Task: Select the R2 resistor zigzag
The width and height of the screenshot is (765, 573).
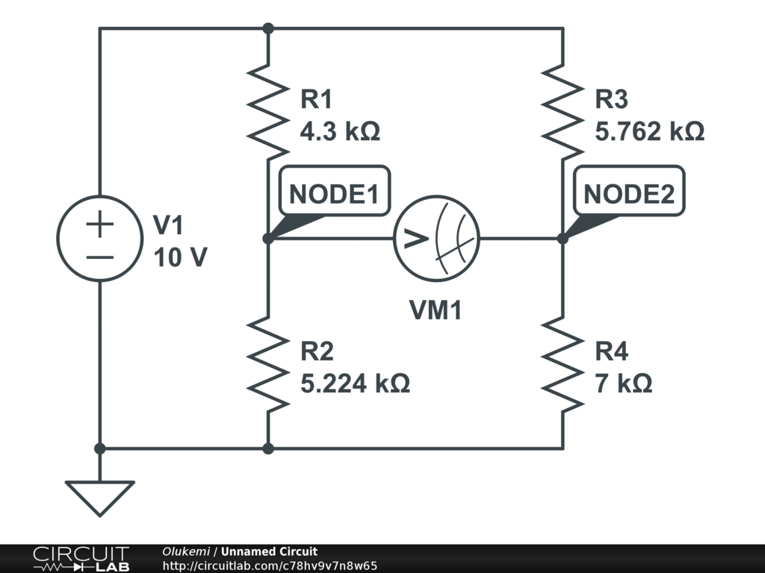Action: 268,364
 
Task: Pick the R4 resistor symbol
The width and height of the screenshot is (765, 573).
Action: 563,364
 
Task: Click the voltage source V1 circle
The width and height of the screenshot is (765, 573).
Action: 99,239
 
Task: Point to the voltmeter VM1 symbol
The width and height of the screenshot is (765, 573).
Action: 437,239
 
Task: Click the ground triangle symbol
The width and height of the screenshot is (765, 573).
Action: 99,497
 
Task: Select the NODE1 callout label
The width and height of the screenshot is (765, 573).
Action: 334,194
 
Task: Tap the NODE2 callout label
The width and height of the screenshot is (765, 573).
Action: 628,194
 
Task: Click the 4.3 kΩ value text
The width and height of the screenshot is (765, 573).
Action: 340,132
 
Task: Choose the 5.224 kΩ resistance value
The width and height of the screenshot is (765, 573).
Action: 355,383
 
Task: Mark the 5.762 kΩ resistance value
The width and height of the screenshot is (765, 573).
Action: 649,132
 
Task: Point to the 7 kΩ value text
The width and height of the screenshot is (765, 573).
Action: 623,383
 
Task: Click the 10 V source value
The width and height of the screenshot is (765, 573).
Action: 180,257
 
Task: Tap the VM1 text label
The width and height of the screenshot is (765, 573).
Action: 436,310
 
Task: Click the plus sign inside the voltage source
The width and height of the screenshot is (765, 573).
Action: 99,224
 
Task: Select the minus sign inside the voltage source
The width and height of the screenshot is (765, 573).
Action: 99,257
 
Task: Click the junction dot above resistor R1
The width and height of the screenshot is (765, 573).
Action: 268,28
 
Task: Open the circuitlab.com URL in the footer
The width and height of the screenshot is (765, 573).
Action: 270,566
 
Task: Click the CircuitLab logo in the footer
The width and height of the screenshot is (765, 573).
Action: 81,559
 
